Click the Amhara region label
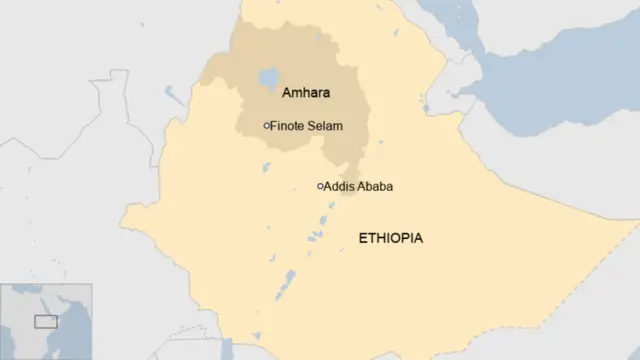click(305, 93)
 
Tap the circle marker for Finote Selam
click(266, 125)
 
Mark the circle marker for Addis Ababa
click(320, 186)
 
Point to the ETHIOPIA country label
click(390, 238)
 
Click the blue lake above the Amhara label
click(267, 78)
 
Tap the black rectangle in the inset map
click(46, 321)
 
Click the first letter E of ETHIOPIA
click(363, 238)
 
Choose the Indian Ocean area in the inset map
click(75, 340)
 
